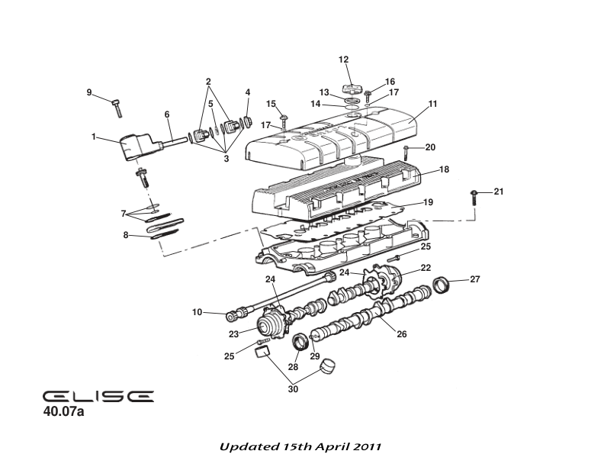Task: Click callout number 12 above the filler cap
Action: [x=343, y=60]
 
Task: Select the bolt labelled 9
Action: [x=117, y=106]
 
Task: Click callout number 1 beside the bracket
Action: [x=94, y=137]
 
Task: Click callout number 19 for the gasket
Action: [x=428, y=203]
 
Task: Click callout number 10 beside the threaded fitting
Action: [x=197, y=311]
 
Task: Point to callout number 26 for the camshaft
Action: [x=402, y=333]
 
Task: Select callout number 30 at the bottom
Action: [x=293, y=389]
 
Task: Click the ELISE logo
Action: [x=98, y=396]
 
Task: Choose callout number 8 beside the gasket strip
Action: [x=126, y=236]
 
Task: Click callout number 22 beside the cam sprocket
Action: [x=426, y=268]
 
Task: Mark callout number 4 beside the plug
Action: [x=247, y=92]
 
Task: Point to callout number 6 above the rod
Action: [x=167, y=114]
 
